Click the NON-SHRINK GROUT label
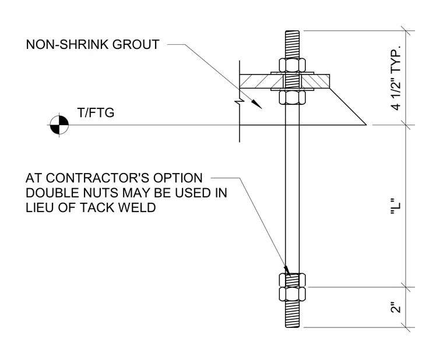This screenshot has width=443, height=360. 93,45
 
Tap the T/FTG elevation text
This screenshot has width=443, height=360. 96,112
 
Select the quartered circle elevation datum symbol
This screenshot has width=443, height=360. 59,125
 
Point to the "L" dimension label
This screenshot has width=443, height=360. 396,207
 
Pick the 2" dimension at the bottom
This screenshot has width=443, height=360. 396,308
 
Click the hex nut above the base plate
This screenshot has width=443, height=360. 293,65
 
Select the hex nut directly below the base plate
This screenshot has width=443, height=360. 293,97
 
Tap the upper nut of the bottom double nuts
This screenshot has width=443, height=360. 293,280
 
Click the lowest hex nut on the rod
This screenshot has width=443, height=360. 293,294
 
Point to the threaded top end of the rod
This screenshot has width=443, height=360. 293,44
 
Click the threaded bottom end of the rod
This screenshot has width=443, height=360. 293,314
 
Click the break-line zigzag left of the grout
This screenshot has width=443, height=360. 240,101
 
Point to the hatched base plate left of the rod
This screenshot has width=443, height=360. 262,81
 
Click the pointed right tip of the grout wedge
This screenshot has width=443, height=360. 366,125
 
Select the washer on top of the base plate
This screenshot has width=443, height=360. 293,73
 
